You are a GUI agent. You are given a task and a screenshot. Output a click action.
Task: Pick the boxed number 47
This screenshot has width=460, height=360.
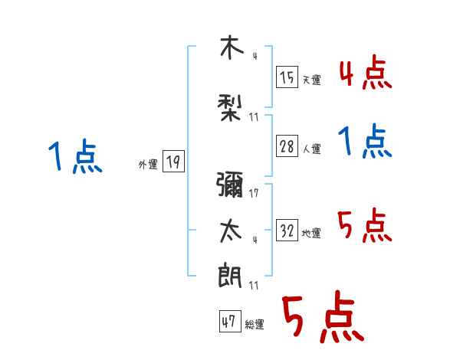pyautogui.click(x=228, y=322)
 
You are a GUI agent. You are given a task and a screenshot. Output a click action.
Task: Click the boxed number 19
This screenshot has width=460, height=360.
pyautogui.click(x=173, y=162)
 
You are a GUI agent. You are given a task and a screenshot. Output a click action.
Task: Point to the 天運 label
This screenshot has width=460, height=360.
pyautogui.click(x=311, y=80)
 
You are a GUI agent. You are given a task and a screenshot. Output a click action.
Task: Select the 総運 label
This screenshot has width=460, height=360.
pyautogui.click(x=255, y=325)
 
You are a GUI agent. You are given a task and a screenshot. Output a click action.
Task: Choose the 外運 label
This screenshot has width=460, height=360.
pyautogui.click(x=148, y=164)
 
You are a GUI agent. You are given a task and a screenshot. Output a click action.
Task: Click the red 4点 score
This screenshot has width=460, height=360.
pyautogui.click(x=366, y=74)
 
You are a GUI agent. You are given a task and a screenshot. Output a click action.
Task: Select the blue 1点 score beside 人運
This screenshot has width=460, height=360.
pyautogui.click(x=366, y=143)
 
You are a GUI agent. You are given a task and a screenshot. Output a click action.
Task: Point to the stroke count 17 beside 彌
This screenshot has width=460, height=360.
pyautogui.click(x=254, y=193)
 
